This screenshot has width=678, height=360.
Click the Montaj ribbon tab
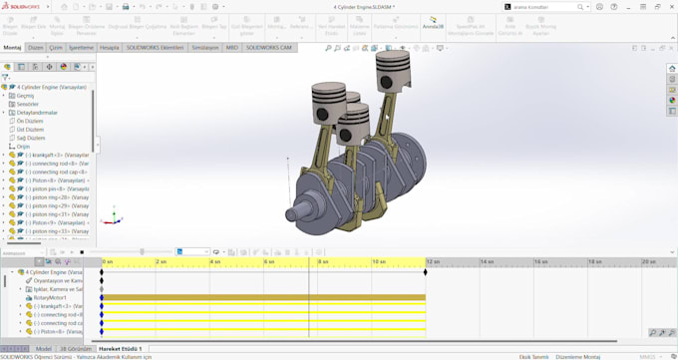click(12, 47)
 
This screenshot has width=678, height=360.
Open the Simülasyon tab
click(205, 47)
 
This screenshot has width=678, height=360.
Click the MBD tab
click(232, 47)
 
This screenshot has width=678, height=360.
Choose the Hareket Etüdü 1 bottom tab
click(120, 349)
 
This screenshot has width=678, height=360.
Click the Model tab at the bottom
click(44, 349)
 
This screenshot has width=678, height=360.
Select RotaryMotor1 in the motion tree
click(50, 297)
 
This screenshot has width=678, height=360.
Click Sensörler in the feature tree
click(28, 104)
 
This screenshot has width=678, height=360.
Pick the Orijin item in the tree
click(24, 147)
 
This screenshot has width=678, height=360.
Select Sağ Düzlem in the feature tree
click(31, 138)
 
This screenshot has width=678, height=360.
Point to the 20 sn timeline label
click(648, 261)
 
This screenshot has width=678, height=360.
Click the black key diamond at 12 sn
click(426, 271)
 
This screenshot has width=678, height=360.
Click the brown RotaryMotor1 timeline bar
click(263, 297)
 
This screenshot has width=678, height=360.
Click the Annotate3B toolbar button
click(433, 23)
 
